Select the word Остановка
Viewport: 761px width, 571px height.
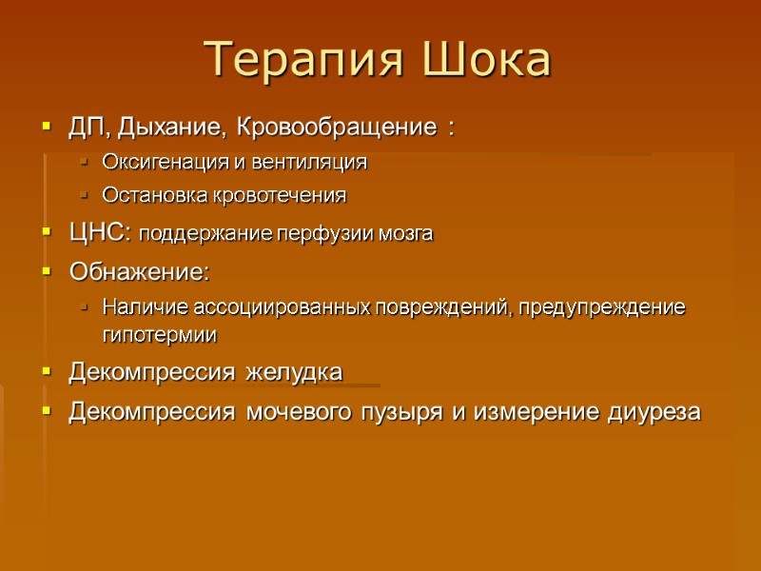pyautogui.click(x=147, y=196)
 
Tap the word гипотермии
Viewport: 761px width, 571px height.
pyautogui.click(x=160, y=335)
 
